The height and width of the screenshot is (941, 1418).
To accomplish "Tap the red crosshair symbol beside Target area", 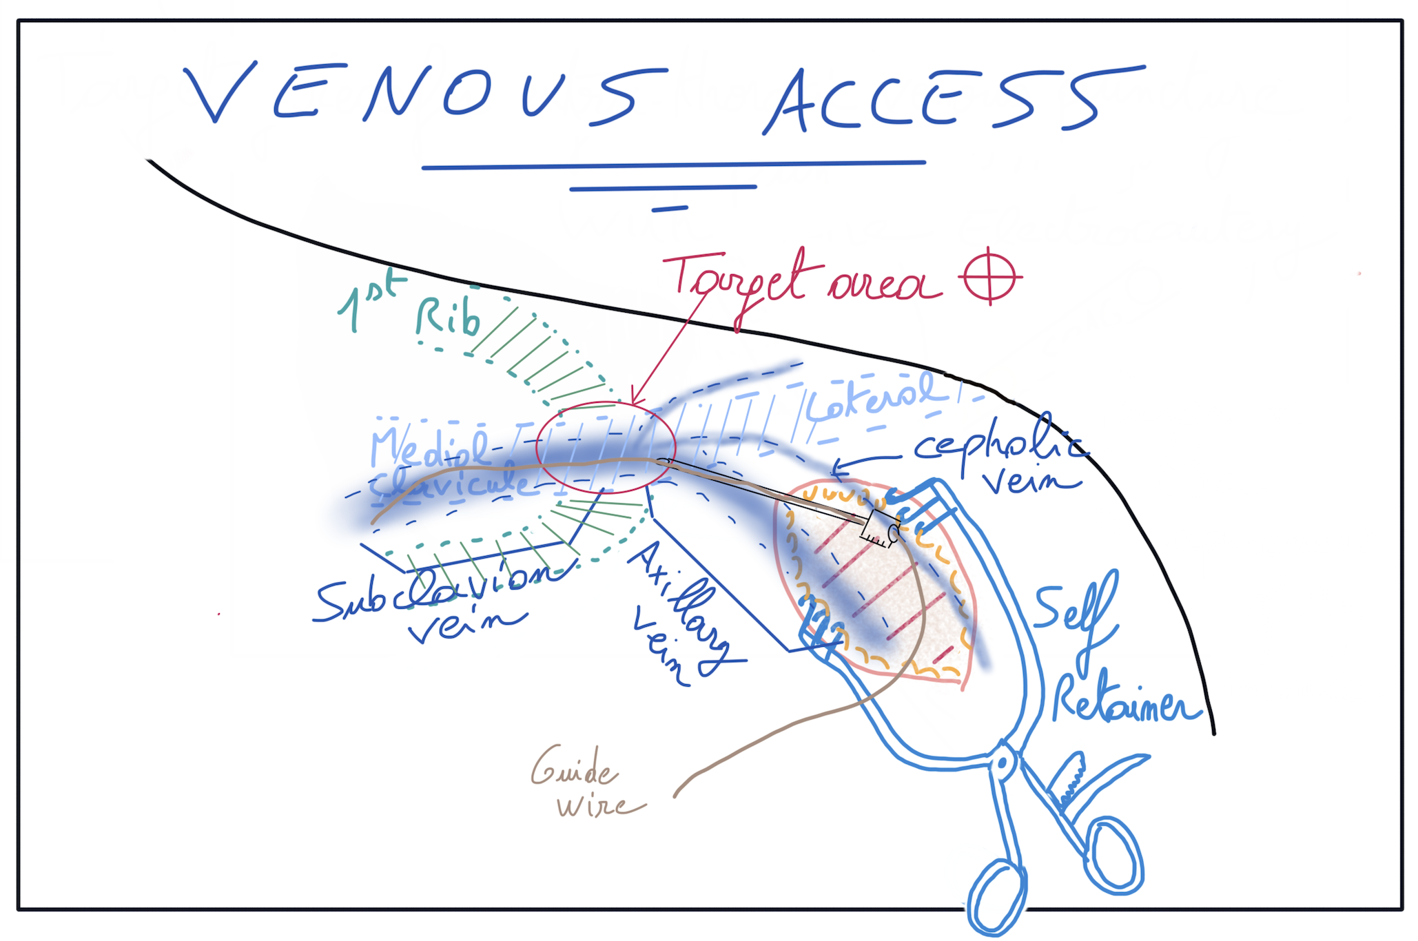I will tap(990, 276).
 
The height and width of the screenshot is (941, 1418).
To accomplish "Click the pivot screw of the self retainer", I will tap(1003, 763).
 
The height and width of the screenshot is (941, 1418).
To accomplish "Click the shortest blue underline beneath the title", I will tap(669, 208).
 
